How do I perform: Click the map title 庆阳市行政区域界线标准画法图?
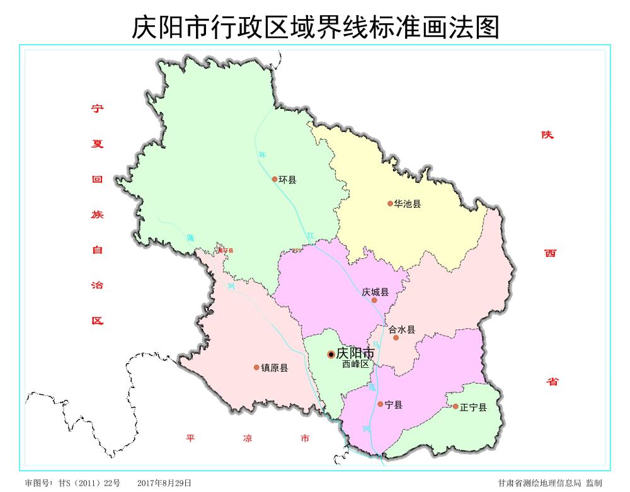(x=315, y=27)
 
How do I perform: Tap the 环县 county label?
(x=287, y=180)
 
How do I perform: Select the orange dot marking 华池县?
(x=390, y=203)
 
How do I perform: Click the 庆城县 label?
(x=375, y=292)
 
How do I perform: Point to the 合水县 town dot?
(x=396, y=338)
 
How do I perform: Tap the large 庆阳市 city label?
(x=355, y=353)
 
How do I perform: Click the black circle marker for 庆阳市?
(x=331, y=355)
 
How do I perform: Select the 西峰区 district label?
(x=355, y=364)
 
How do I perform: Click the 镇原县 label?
(x=275, y=368)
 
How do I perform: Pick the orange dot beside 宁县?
(x=380, y=404)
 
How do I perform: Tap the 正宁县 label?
(x=473, y=407)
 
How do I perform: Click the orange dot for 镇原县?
(x=256, y=367)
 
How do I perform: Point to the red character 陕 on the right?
(x=547, y=135)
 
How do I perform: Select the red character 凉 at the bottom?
(x=248, y=438)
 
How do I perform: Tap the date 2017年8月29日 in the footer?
(x=164, y=483)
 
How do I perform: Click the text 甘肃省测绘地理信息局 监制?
(x=549, y=483)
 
